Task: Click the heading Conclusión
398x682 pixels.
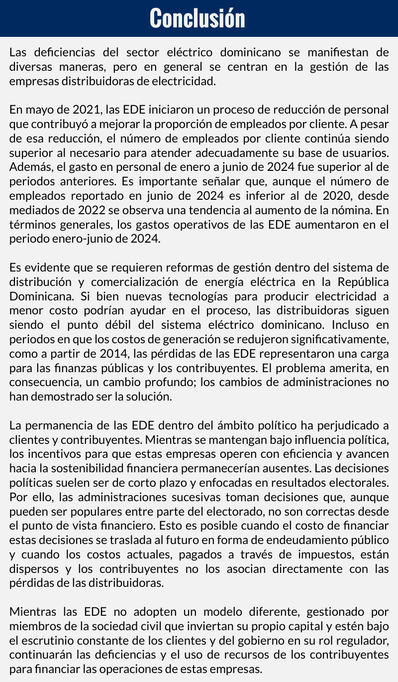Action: (x=198, y=18)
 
